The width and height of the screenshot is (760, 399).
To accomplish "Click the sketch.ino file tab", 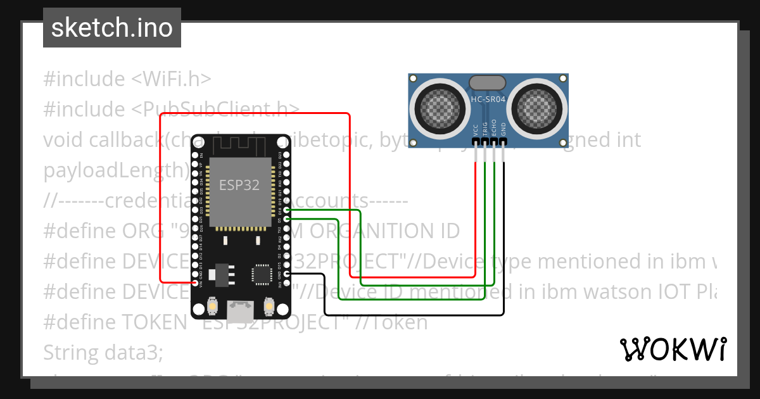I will [x=112, y=28].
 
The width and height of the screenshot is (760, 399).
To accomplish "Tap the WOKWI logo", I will [x=673, y=349].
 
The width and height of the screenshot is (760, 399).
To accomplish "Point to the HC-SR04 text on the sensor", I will [x=488, y=99].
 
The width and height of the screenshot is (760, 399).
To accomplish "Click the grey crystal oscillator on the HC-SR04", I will [x=487, y=82].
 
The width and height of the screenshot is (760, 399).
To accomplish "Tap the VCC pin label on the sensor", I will [x=476, y=129].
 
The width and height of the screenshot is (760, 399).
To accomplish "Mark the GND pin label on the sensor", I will [x=503, y=129].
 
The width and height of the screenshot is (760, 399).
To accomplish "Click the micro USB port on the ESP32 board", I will [x=239, y=310].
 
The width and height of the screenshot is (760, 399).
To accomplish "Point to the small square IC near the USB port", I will [x=261, y=274].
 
